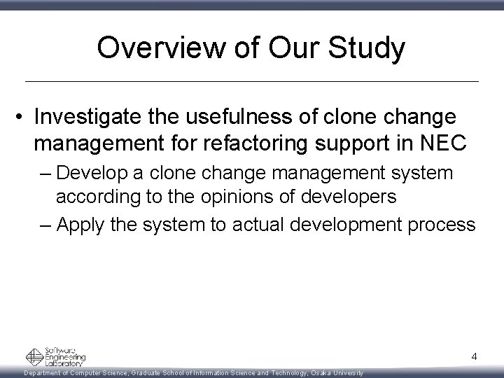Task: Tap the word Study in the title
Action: [x=369, y=48]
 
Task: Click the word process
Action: [x=443, y=225]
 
